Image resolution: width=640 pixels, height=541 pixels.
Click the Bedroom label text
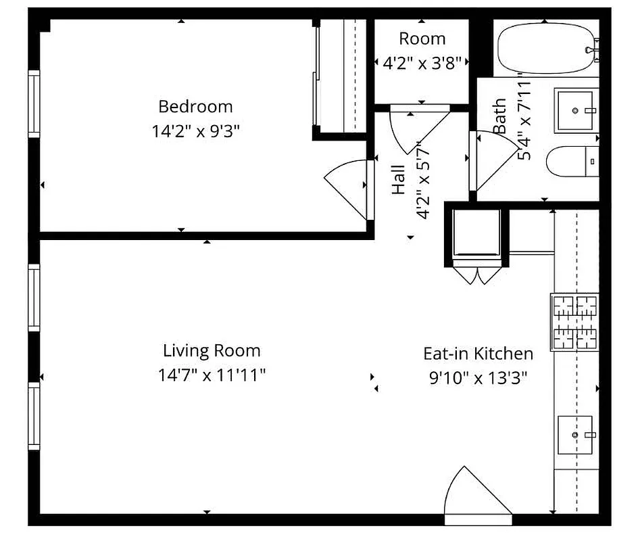pyautogui.click(x=195, y=106)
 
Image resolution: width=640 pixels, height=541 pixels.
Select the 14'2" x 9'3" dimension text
pyautogui.click(x=195, y=131)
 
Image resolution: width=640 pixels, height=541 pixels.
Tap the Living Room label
pyautogui.click(x=212, y=350)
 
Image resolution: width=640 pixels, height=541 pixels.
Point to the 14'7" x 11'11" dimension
pyautogui.click(x=212, y=375)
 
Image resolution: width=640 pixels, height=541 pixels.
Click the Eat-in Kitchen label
pyautogui.click(x=478, y=353)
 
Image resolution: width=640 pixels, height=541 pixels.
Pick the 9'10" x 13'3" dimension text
pyautogui.click(x=478, y=377)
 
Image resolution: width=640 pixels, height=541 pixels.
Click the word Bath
pyautogui.click(x=499, y=116)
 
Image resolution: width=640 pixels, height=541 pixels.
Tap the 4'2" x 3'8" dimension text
pyautogui.click(x=422, y=63)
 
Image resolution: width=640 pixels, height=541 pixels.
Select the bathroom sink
pyautogui.click(x=576, y=110)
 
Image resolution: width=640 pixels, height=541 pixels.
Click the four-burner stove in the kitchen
pyautogui.click(x=575, y=321)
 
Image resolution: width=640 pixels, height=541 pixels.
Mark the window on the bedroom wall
pyautogui.click(x=34, y=105)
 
